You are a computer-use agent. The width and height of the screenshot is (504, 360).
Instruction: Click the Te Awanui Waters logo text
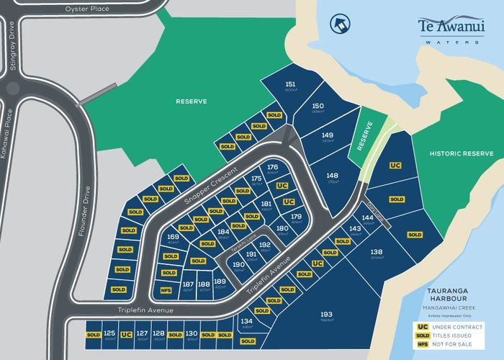point(450,27)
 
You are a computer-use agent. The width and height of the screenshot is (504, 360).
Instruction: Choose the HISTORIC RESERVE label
point(461,153)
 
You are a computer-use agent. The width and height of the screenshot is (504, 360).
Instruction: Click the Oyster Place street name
point(86,9)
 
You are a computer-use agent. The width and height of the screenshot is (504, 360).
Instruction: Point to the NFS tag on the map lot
point(166,291)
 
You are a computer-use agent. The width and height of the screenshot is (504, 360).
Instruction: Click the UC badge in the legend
point(423,326)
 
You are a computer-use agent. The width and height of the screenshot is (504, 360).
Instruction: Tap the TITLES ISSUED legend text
point(459,336)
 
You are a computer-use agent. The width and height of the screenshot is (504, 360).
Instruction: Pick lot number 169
point(173,238)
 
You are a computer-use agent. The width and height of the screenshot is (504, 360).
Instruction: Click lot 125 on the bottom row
point(109,334)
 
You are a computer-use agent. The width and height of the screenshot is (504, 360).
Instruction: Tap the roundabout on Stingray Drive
point(12,89)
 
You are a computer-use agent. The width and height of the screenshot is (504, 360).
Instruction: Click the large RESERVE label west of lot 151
point(192,102)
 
